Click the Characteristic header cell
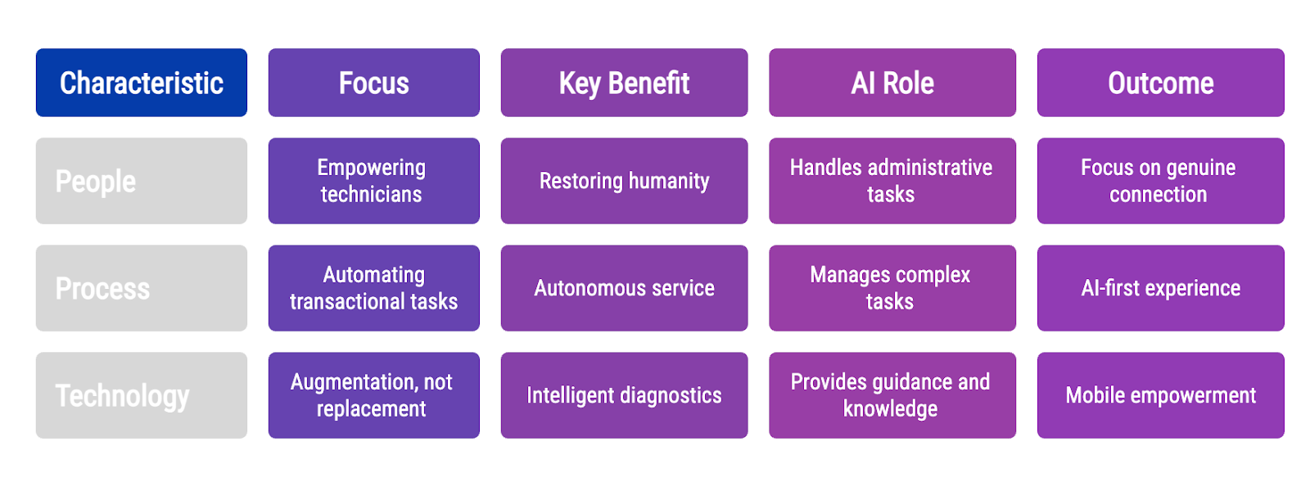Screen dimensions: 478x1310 142,83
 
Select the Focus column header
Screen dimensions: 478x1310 374,83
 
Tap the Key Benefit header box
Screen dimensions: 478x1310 624,83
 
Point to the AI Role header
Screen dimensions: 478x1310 892,83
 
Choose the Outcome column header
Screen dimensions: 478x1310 1161,83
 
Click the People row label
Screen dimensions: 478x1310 142,181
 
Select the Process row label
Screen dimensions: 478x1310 142,288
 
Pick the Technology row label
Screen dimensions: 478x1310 142,395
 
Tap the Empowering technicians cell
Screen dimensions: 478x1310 374,181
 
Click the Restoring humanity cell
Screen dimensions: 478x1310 624,181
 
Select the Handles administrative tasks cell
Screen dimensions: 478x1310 892,181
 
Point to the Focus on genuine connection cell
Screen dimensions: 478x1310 1161,181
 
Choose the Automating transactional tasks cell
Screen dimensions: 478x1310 374,288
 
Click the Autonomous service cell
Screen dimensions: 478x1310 624,288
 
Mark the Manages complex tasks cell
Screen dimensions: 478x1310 892,288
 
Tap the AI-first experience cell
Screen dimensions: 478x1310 1161,288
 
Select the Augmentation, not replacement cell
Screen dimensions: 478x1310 374,395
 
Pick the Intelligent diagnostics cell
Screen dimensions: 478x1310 624,395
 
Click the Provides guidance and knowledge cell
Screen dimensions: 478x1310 892,395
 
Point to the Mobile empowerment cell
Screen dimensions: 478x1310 1161,395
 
